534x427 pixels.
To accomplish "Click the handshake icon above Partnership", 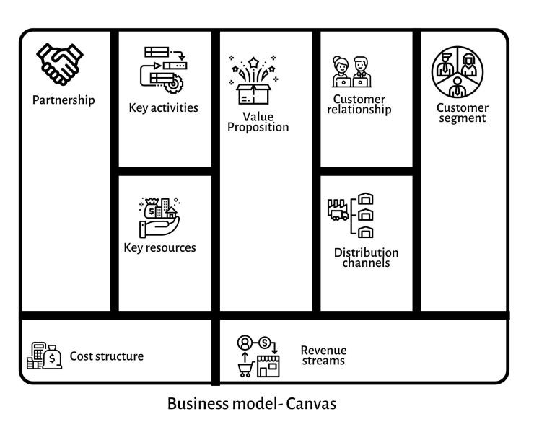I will [x=60, y=63].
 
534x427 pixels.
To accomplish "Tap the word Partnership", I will [x=64, y=100].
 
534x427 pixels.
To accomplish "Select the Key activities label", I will [x=163, y=108].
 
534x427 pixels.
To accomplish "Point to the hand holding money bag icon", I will [x=160, y=216].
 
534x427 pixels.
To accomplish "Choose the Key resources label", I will [x=159, y=247].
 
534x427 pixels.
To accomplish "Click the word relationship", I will [x=359, y=110].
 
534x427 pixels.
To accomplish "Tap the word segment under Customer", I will [x=462, y=118].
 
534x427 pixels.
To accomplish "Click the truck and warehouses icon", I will [x=351, y=215].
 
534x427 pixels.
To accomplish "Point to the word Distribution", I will [x=366, y=253].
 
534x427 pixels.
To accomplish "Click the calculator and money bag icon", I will [x=44, y=356].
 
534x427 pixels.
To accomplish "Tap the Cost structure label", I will [x=106, y=356].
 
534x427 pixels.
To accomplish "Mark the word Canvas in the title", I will [x=312, y=403].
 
